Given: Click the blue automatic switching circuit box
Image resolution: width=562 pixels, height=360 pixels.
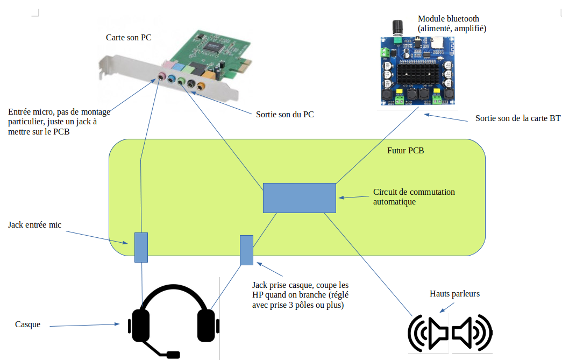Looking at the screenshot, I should pyautogui.click(x=299, y=197).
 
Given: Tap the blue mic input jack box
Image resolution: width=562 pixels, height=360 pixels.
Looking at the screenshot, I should pyautogui.click(x=141, y=247).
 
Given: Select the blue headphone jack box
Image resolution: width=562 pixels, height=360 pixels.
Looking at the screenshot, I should pyautogui.click(x=246, y=250).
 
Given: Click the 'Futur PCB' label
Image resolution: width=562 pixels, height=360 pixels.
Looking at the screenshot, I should pyautogui.click(x=406, y=151).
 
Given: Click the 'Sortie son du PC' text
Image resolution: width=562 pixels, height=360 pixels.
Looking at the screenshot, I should pyautogui.click(x=285, y=115).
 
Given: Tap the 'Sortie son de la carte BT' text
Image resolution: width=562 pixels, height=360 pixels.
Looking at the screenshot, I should pyautogui.click(x=517, y=118).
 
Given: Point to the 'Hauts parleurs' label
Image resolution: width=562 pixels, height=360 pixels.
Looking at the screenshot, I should pyautogui.click(x=454, y=294).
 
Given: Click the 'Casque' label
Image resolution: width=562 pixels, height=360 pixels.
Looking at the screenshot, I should pyautogui.click(x=27, y=324).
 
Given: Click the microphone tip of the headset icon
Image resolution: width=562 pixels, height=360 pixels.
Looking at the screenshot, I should pyautogui.click(x=173, y=355).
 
